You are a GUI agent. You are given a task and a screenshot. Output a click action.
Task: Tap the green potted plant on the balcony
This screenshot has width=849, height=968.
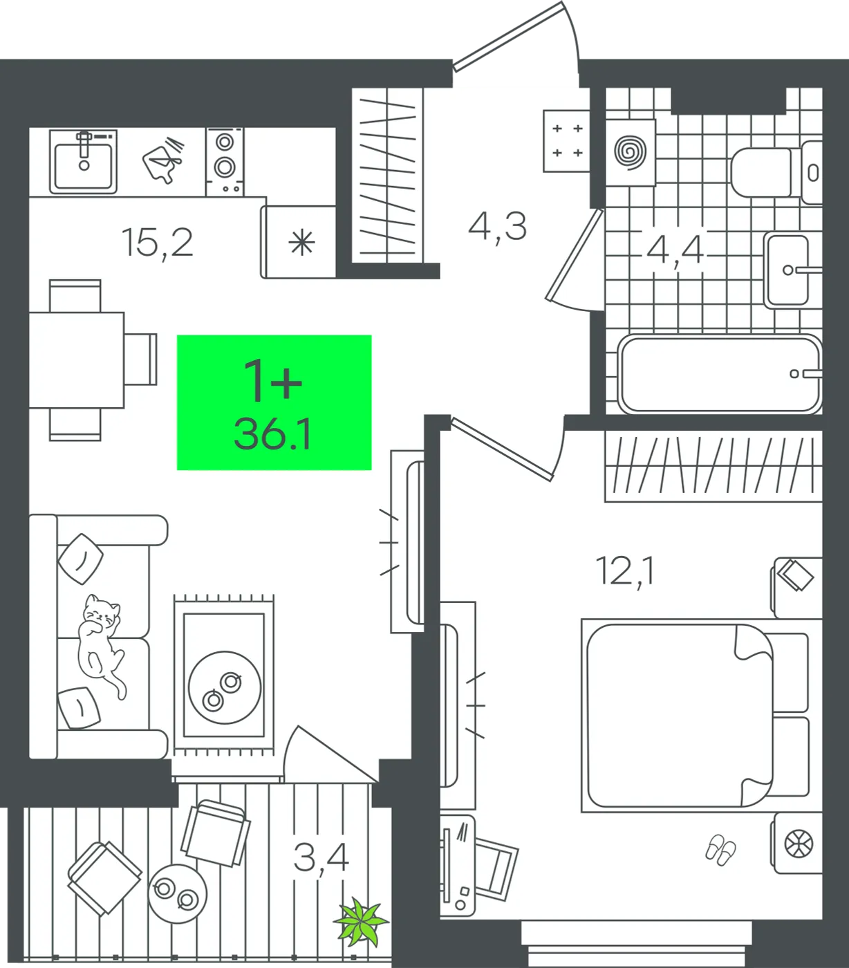(x=361, y=921)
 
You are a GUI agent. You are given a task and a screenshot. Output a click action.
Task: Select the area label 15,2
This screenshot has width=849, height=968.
(x=157, y=243)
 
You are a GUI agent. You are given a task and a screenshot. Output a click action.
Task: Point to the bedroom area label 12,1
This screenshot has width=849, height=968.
(x=626, y=571)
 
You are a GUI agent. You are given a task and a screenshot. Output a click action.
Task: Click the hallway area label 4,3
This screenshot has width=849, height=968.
(x=497, y=227)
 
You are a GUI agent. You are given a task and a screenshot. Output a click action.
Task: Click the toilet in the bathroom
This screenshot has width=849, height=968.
(x=776, y=172)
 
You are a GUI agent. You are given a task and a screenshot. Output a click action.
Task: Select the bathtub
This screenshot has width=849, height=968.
(x=720, y=373)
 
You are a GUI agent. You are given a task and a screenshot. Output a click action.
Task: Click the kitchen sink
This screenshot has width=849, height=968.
(x=84, y=162)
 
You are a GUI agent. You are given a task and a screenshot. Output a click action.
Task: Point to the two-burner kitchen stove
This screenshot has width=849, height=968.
(x=225, y=162)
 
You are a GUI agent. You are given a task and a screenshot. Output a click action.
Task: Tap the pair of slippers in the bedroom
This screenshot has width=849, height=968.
(x=721, y=850)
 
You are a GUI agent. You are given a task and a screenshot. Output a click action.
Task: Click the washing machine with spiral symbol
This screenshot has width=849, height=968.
(x=631, y=152)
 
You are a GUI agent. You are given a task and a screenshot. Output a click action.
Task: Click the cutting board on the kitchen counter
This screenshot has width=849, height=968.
(x=163, y=159)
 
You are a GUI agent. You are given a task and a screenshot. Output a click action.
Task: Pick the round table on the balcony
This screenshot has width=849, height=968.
(x=177, y=894)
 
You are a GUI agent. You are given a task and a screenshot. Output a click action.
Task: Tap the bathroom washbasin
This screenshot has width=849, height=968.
(x=791, y=270)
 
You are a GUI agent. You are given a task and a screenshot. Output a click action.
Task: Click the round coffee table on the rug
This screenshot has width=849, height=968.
(x=225, y=687)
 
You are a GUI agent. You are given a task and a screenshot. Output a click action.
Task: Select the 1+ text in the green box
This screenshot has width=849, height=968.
(x=272, y=380)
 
